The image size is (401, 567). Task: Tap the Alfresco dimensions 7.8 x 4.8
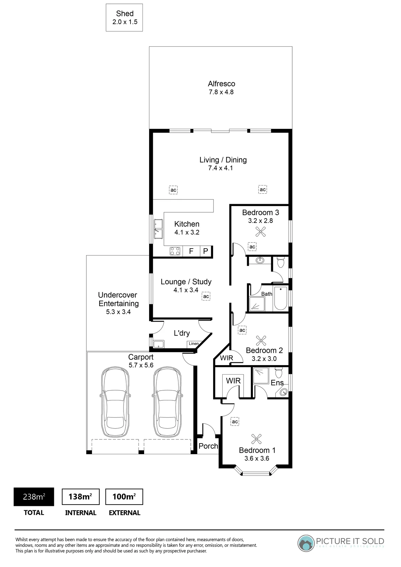point(221,92)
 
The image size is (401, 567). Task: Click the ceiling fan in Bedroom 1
point(257,439)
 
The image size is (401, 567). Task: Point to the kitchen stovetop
point(175,251)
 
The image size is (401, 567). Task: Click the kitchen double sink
point(158,228)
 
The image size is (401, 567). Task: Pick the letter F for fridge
point(191,251)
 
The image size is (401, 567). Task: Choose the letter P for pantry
point(206,251)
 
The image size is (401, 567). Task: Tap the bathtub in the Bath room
point(281,298)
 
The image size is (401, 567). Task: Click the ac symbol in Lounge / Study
point(206,296)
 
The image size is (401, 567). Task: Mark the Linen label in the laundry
point(194,344)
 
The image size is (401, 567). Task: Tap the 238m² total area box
point(34,497)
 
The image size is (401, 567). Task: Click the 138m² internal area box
point(81,497)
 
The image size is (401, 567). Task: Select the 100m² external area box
point(124,497)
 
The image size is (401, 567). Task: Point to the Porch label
point(208,446)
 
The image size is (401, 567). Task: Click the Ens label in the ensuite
point(277,383)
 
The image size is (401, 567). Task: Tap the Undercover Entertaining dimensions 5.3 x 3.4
point(118,312)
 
